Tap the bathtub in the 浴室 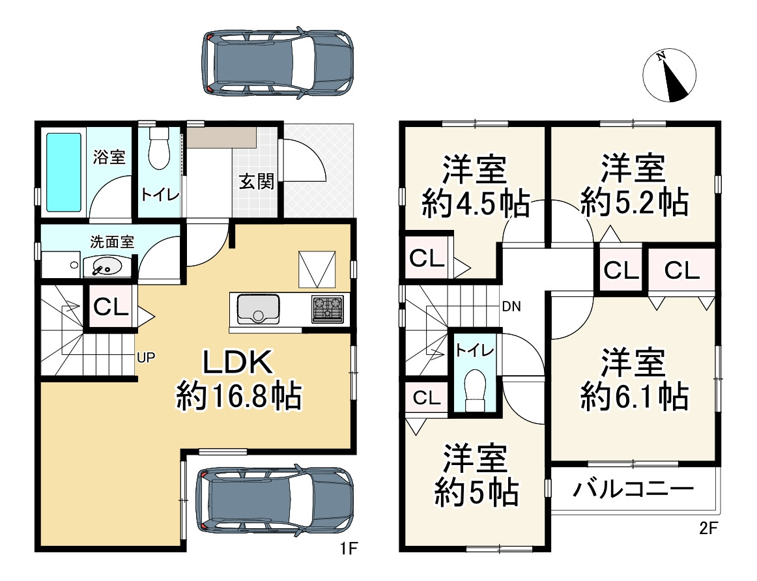[64, 172]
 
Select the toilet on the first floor [158, 150]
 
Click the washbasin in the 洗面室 [105, 266]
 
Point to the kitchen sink [259, 309]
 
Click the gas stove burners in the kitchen [328, 309]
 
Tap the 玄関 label [256, 182]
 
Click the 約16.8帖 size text [238, 395]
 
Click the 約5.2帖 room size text [634, 203]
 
